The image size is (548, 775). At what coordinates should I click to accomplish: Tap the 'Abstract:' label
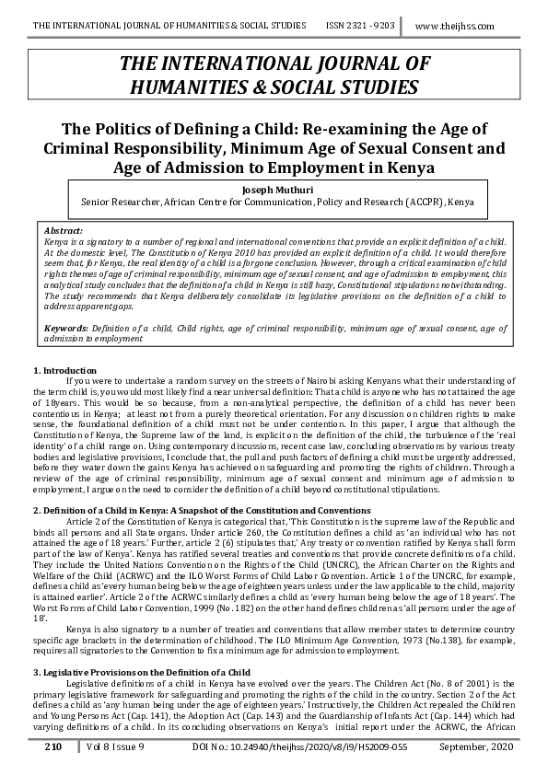click(x=64, y=229)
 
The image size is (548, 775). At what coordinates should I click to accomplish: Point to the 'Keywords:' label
click(x=68, y=329)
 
